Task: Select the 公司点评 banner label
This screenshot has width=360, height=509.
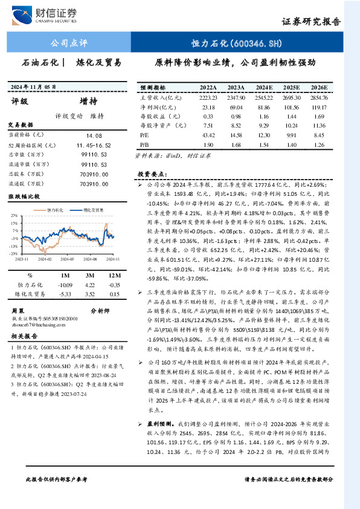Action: click(69, 43)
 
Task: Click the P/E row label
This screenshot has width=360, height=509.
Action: click(144, 135)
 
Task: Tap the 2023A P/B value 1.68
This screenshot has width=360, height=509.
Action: click(236, 145)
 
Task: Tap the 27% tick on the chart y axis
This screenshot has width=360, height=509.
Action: click(13, 215)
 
